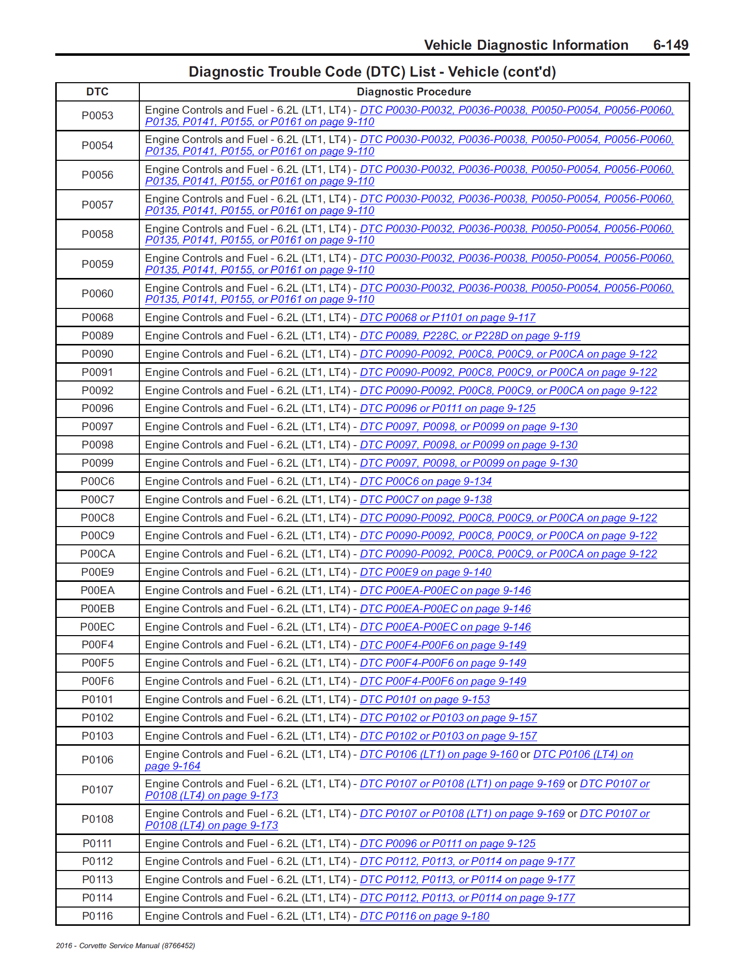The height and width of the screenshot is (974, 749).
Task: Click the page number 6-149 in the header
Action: pyautogui.click(x=670, y=45)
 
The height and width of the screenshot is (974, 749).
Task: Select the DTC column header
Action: pyautogui.click(x=97, y=92)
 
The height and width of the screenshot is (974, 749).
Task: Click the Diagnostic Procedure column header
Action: pyautogui.click(x=414, y=92)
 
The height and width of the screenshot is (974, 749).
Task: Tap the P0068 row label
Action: pyautogui.click(x=97, y=318)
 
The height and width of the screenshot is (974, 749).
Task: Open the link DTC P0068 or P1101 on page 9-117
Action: pyautogui.click(x=447, y=318)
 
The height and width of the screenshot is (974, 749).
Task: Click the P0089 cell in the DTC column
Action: pyautogui.click(x=97, y=336)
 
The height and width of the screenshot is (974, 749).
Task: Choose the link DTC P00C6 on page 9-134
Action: pyautogui.click(x=426, y=481)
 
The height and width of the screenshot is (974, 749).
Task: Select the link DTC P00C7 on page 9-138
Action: pyautogui.click(x=426, y=500)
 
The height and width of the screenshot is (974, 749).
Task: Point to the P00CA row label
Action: pyautogui.click(x=97, y=554)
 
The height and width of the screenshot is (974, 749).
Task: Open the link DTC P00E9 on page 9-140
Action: pyautogui.click(x=425, y=572)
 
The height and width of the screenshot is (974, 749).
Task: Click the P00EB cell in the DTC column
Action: pyautogui.click(x=97, y=609)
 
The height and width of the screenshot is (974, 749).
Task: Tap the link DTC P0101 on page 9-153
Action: pyautogui.click(x=425, y=700)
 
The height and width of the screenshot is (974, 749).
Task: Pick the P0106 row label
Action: pyautogui.click(x=97, y=760)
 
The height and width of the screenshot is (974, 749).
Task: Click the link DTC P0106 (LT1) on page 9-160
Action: pyautogui.click(x=439, y=754)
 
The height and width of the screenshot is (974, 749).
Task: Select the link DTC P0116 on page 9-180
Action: pyautogui.click(x=424, y=916)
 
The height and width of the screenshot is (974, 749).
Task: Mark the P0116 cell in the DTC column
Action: pyautogui.click(x=97, y=916)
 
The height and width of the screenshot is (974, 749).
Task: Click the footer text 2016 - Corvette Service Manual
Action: pyautogui.click(x=125, y=946)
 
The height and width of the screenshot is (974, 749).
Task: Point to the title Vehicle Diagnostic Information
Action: pyautogui.click(x=526, y=45)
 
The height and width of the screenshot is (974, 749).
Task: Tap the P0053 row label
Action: pyautogui.click(x=97, y=116)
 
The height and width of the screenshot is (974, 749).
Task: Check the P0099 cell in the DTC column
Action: pyautogui.click(x=97, y=463)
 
